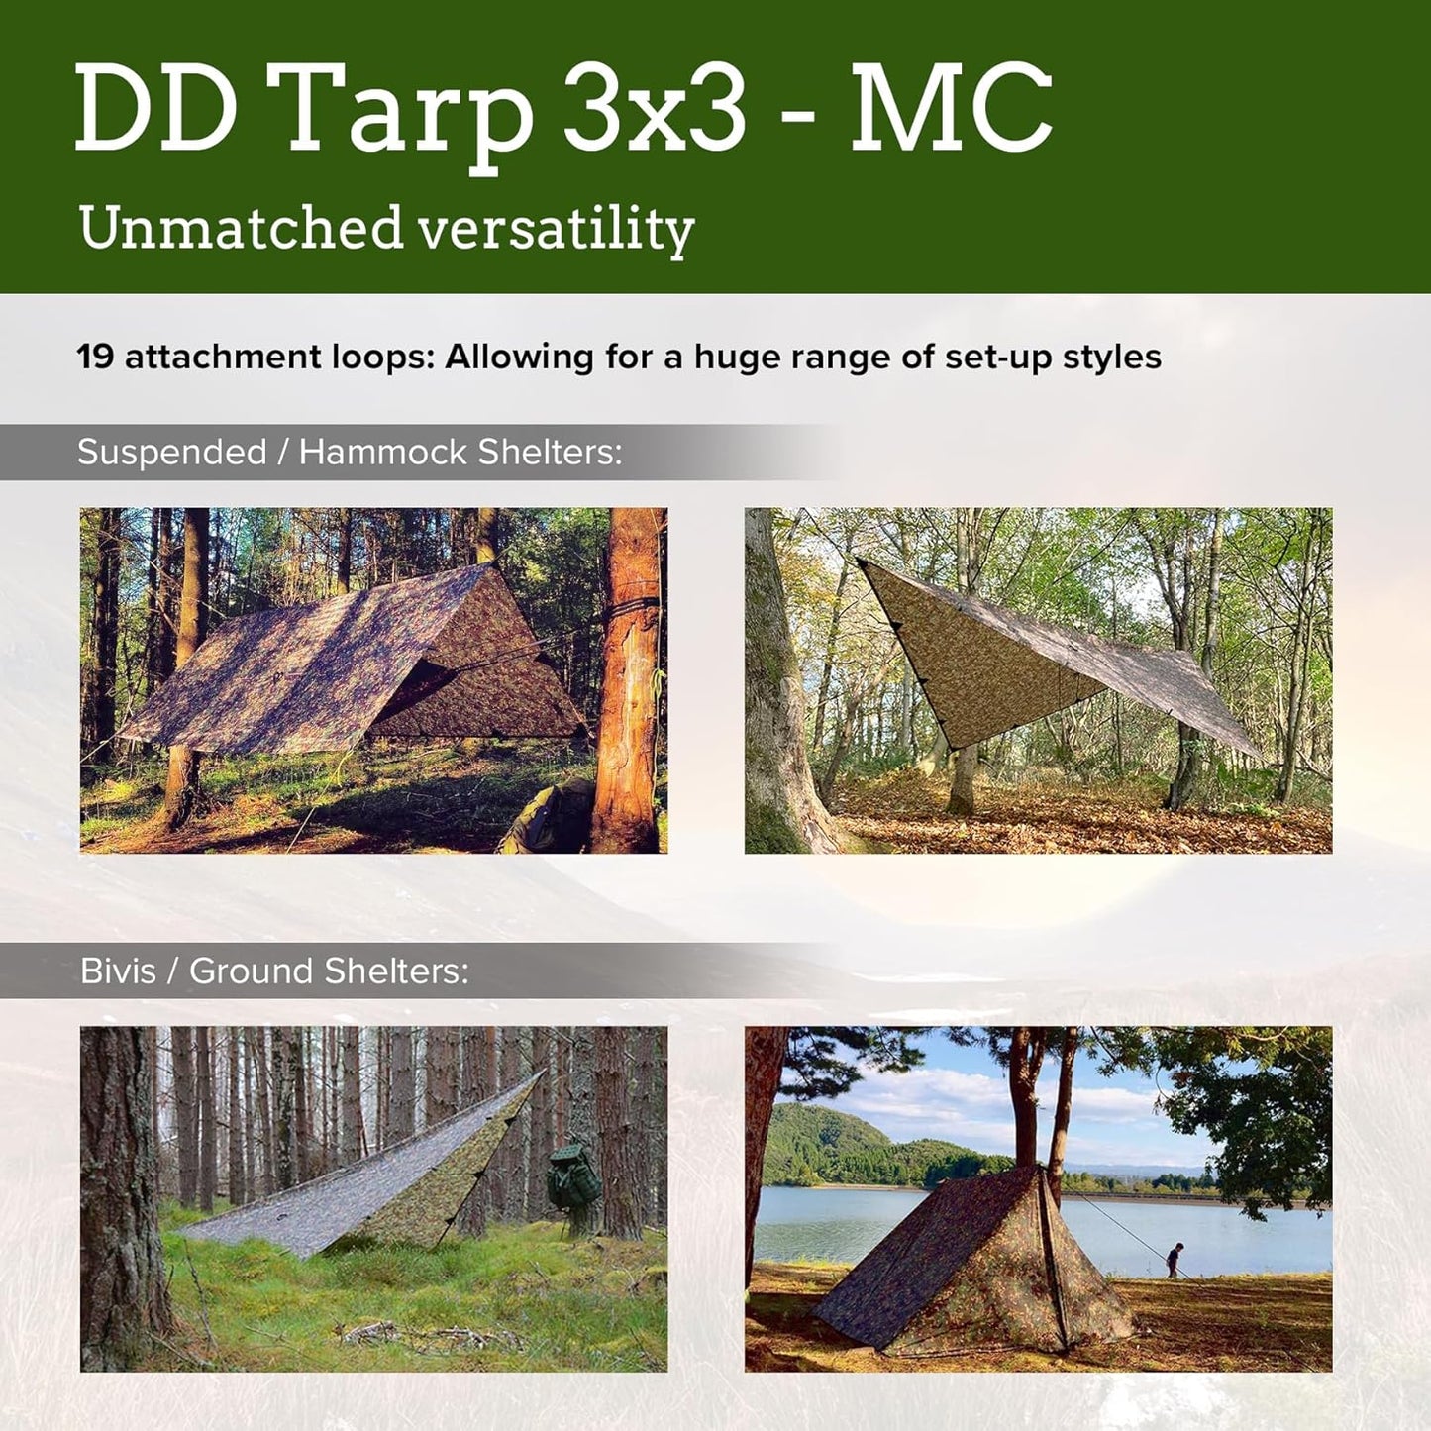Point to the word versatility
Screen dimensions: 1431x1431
click(x=556, y=230)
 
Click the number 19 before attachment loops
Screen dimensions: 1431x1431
click(x=95, y=357)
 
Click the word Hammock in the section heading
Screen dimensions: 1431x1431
click(x=382, y=453)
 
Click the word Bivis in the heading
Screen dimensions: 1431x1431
click(x=118, y=971)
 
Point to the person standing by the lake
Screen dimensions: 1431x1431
click(x=1175, y=1259)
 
